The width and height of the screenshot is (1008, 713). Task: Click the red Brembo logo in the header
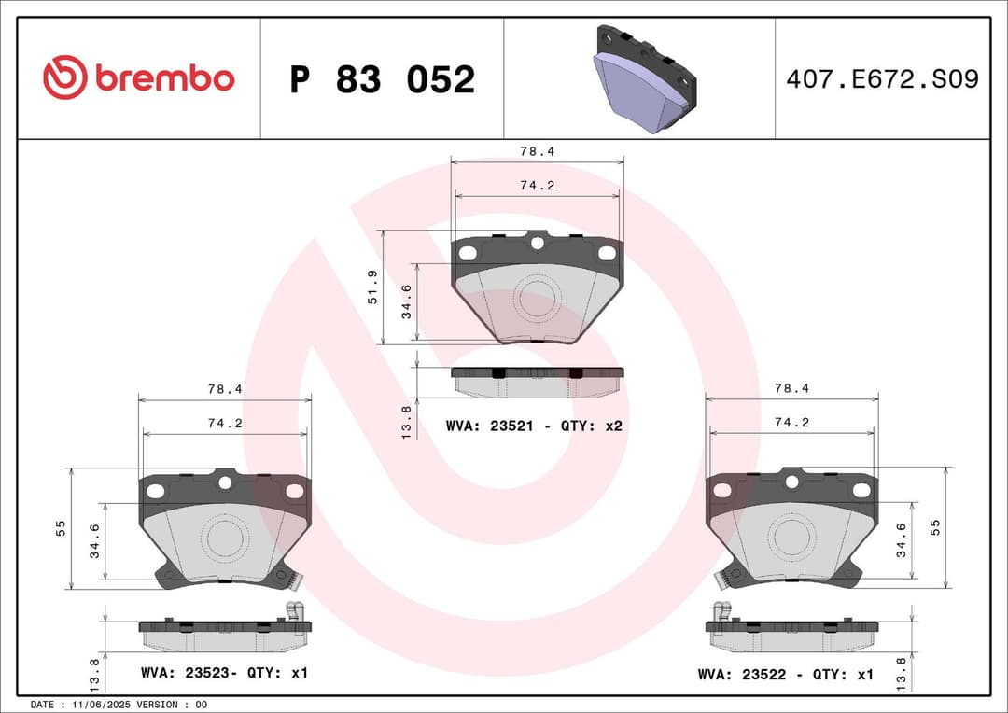[x=138, y=78]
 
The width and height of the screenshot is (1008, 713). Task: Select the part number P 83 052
[x=382, y=80]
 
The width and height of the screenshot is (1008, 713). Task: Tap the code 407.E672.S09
[x=882, y=79]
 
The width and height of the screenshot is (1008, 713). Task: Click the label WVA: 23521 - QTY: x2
[x=534, y=426]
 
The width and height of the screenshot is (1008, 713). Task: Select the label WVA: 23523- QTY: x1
[x=224, y=673]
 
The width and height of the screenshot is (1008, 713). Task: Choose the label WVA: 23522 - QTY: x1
[x=786, y=674]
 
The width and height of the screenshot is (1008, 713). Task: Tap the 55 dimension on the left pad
[x=61, y=528]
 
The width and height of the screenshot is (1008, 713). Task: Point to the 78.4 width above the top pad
[x=537, y=150]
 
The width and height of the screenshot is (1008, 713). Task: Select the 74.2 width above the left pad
[x=225, y=423]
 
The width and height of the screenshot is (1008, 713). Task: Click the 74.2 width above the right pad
[x=791, y=423]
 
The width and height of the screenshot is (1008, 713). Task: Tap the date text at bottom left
[x=119, y=704]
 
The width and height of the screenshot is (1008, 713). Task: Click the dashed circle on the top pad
[x=537, y=301]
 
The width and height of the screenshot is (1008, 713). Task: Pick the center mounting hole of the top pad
[x=537, y=244]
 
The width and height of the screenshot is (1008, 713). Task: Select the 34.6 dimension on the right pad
[x=901, y=540]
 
